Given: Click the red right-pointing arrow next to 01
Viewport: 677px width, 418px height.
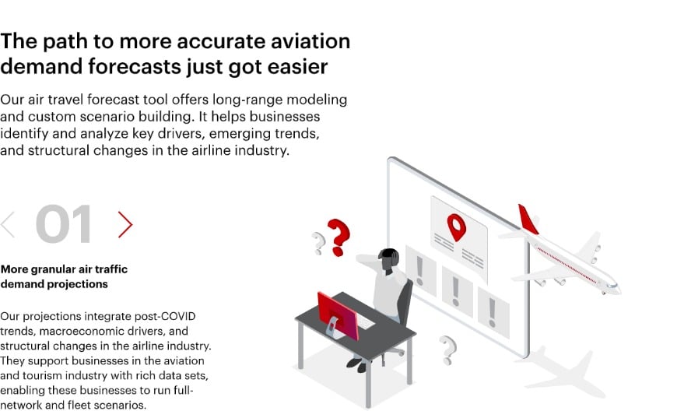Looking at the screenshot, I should pos(125,224).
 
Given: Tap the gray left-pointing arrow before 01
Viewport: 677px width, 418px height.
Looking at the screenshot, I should pos(8,224).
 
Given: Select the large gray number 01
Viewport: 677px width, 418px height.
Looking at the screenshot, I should pos(64,224).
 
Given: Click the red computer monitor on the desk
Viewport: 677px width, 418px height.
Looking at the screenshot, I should pos(338,314).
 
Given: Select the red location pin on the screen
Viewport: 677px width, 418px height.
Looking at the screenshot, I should pos(455,226).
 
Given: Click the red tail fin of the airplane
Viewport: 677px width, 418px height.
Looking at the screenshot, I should pos(528,220).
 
